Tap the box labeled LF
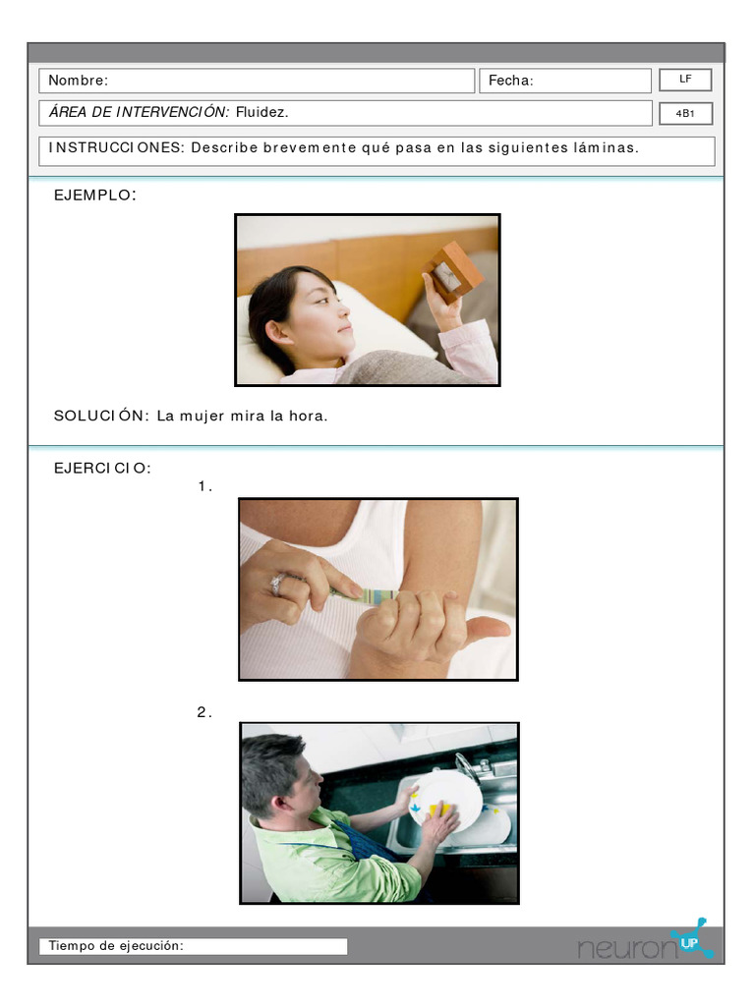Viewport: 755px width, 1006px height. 685,79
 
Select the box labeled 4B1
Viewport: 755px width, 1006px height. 685,114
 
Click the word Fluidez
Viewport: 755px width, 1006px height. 262,113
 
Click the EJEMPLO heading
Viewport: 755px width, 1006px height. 94,196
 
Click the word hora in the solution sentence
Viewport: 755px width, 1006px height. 308,416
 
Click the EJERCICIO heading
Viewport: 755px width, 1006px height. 102,468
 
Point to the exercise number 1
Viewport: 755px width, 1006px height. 204,486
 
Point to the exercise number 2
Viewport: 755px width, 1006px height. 203,712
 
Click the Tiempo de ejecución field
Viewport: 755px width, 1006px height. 193,946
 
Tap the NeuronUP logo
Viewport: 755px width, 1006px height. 645,945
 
